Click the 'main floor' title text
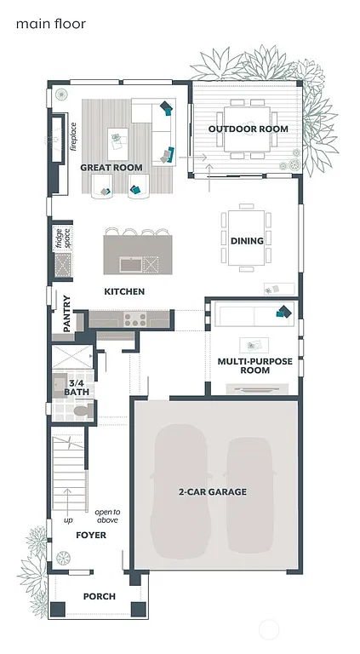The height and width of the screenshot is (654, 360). (50, 24)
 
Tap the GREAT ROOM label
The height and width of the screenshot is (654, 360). (111, 168)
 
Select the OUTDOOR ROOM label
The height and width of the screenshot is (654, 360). (248, 129)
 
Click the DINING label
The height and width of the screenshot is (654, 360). (247, 241)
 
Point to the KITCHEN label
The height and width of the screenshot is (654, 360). (124, 292)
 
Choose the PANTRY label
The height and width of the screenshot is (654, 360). (66, 313)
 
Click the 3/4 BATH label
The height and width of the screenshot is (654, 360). (76, 388)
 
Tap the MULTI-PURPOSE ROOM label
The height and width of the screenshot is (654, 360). (254, 366)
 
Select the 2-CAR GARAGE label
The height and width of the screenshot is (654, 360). (212, 492)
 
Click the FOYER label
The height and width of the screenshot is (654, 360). (90, 536)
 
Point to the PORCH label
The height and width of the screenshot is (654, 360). (99, 597)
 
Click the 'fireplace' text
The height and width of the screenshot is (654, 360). (74, 136)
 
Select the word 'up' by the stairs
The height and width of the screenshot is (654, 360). (68, 519)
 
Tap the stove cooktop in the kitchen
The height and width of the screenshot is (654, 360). (134, 319)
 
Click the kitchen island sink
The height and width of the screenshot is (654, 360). (130, 264)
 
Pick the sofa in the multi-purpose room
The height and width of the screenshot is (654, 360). (253, 314)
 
